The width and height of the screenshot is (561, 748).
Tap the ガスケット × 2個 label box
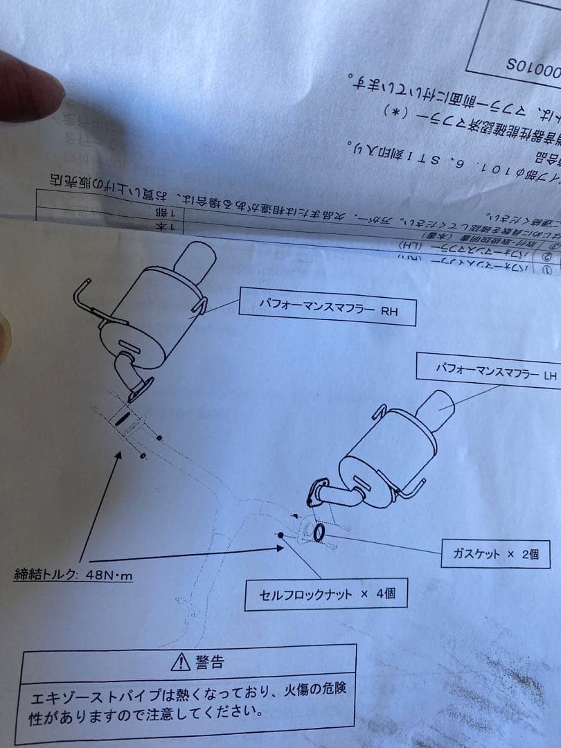tap(495, 555)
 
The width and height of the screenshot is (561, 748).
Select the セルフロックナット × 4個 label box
tap(325, 595)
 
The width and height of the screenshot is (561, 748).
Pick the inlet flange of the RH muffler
tap(141, 389)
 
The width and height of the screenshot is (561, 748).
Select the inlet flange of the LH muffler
tap(318, 490)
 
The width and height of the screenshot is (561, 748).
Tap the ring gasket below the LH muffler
tap(319, 533)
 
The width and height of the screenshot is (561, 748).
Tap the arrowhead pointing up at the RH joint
tap(118, 455)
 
